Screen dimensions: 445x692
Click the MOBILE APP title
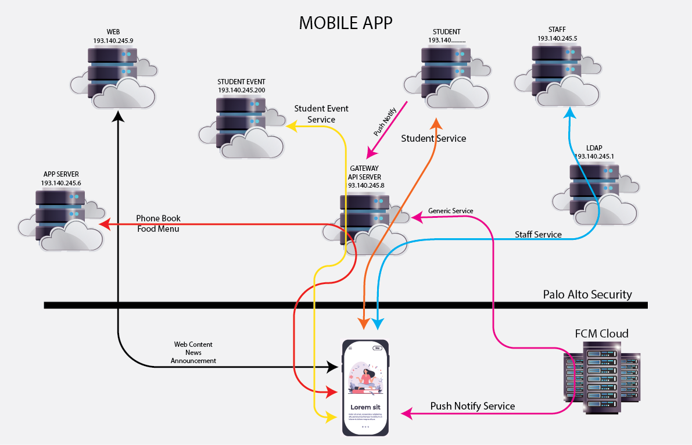(x=345, y=23)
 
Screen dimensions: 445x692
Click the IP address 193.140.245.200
(x=241, y=91)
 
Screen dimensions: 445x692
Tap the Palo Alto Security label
(x=587, y=294)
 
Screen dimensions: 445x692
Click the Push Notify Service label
(x=472, y=406)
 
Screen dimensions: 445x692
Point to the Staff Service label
(x=538, y=235)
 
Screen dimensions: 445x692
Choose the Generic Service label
(x=450, y=210)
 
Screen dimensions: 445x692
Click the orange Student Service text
(x=433, y=138)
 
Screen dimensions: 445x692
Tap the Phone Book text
(x=158, y=218)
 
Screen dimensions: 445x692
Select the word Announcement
(x=193, y=361)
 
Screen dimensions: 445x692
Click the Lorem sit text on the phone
(x=365, y=407)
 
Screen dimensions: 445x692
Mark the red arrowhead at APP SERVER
(x=103, y=224)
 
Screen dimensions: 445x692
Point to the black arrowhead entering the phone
(x=333, y=367)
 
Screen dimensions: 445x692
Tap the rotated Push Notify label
(x=385, y=122)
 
